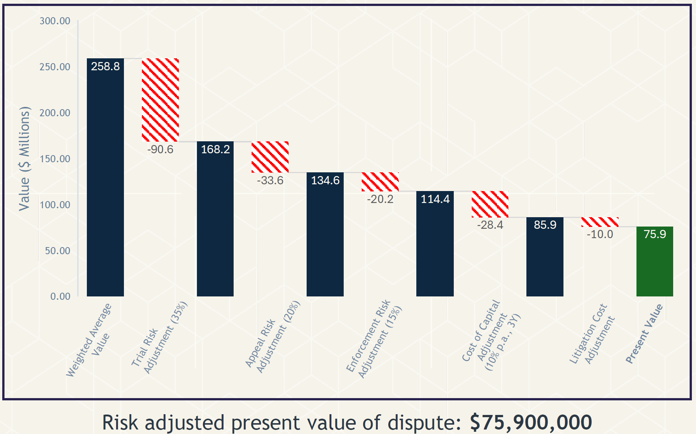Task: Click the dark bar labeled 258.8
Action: (105, 177)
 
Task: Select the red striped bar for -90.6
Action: (160, 100)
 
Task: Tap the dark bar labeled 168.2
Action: (215, 219)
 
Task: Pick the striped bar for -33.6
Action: (270, 157)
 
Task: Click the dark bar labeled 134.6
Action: (325, 234)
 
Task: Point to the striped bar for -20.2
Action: (380, 182)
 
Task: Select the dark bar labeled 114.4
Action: (435, 244)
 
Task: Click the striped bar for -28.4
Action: (490, 204)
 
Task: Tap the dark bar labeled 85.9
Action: (545, 257)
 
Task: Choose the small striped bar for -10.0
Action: (600, 222)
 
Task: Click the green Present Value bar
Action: (655, 261)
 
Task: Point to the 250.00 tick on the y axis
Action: (55, 67)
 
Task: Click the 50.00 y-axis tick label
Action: (58, 250)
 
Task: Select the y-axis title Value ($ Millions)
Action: (24, 158)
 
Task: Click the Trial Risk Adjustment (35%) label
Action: (159, 338)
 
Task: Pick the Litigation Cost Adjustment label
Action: (592, 334)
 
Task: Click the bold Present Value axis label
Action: (644, 333)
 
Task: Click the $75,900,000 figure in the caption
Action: (531, 422)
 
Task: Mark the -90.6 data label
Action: (160, 150)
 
